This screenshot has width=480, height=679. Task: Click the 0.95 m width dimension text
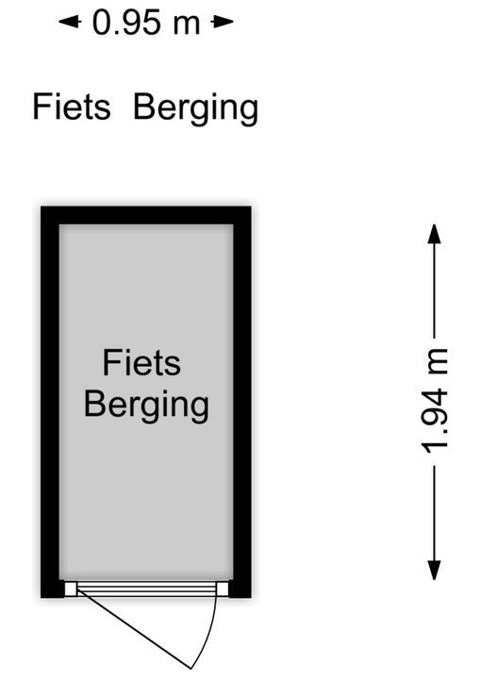[x=146, y=23]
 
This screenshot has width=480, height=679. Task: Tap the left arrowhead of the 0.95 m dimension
[x=70, y=22]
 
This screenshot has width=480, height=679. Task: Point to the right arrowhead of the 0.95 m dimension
[x=223, y=22]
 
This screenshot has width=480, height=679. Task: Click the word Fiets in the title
[x=72, y=106]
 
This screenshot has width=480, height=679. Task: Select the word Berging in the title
[x=196, y=108]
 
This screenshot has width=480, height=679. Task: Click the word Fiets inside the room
[x=141, y=362]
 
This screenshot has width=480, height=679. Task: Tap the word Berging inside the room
[x=146, y=406]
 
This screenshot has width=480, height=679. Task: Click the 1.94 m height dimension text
[x=435, y=401]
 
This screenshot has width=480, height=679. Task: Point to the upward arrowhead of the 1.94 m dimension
[x=434, y=234]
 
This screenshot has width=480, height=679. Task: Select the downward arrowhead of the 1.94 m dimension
[x=434, y=570]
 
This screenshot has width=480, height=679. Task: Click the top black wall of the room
[x=146, y=215]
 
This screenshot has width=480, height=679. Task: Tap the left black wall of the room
[x=50, y=402]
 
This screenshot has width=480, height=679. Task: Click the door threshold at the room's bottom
[x=146, y=588]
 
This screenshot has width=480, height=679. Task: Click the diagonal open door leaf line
[x=134, y=630]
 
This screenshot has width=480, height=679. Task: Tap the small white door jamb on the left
[x=71, y=588]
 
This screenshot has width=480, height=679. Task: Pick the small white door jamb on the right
[x=223, y=588]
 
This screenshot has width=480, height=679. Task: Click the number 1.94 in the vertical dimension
[x=435, y=420]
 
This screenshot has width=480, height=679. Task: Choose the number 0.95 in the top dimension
[x=126, y=23]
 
